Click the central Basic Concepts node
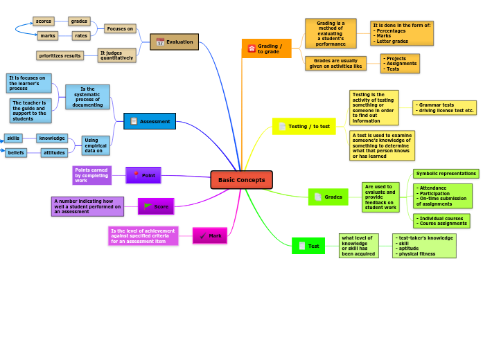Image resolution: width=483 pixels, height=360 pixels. click(241, 180)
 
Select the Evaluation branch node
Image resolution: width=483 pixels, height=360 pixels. click(175, 42)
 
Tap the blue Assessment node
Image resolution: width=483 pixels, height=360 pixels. click(150, 121)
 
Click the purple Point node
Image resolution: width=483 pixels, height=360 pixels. click(143, 175)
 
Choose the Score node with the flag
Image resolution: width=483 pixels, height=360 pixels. click(156, 206)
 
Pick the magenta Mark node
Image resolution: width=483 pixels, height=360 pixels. click(210, 235)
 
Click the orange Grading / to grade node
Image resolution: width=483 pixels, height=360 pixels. click(266, 48)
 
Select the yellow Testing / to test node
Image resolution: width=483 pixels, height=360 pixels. click(304, 126)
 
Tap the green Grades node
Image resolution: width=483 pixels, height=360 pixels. click(328, 197)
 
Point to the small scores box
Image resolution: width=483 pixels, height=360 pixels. click(43, 21)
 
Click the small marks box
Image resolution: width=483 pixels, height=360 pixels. click(48, 35)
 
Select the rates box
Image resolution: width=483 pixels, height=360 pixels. click(81, 35)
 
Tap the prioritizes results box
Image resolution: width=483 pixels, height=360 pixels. click(60, 55)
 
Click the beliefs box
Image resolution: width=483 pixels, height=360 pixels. click(16, 152)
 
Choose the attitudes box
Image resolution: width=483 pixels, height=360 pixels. click(54, 152)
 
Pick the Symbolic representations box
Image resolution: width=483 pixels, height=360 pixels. click(446, 174)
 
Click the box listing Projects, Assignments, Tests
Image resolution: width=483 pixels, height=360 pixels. click(400, 64)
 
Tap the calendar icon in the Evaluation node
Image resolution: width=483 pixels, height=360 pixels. click(160, 42)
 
